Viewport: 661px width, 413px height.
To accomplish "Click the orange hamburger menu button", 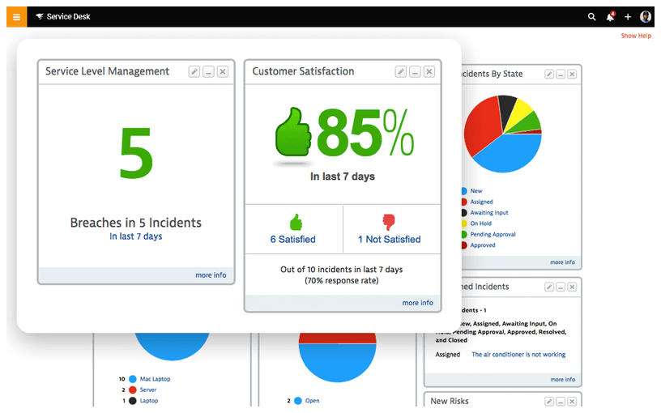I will pyautogui.click(x=16, y=17).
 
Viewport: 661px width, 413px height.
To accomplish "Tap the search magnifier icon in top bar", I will pyautogui.click(x=592, y=17).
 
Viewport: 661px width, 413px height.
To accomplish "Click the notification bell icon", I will pyautogui.click(x=610, y=17).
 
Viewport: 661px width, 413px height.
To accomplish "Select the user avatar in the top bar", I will pyautogui.click(x=646, y=17).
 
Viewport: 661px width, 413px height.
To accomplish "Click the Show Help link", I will pyautogui.click(x=636, y=36).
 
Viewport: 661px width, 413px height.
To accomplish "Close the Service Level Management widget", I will pyautogui.click(x=223, y=71).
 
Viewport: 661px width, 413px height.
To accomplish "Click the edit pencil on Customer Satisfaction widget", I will pyautogui.click(x=400, y=71).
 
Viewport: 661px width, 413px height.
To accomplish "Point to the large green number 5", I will pyautogui.click(x=135, y=154).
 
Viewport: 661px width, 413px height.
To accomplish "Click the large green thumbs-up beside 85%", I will pyautogui.click(x=293, y=134).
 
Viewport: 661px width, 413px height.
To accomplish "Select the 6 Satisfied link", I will pyautogui.click(x=293, y=240).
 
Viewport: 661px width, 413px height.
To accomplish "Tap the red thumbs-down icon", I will pyautogui.click(x=390, y=222).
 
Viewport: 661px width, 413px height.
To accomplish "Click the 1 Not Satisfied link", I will pyautogui.click(x=390, y=240).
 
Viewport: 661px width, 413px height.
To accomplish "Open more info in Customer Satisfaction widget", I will pyautogui.click(x=417, y=303).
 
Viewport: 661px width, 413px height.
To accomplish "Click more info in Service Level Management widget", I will pyautogui.click(x=211, y=275).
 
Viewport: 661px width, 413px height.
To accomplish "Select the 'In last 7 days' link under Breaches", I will pyautogui.click(x=135, y=236).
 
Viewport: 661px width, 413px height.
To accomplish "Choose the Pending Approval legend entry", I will pyautogui.click(x=493, y=234).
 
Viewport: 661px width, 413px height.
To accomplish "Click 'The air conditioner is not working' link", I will pyautogui.click(x=518, y=355).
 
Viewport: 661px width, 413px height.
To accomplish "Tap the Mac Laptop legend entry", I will pyautogui.click(x=155, y=379).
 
